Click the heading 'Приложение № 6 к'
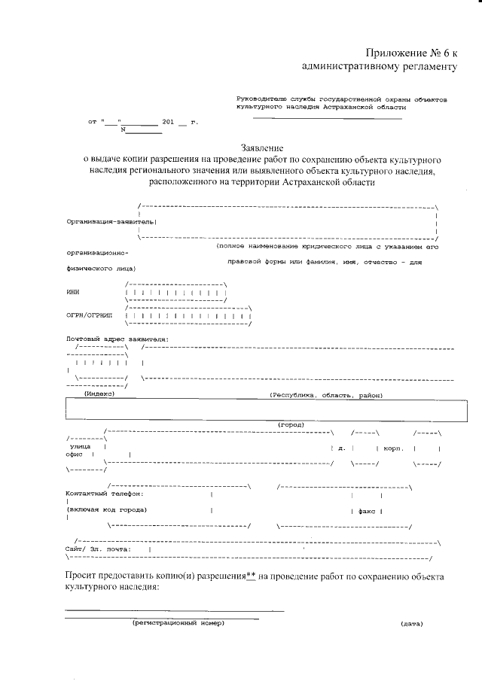(x=411, y=53)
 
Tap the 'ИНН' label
(x=72, y=292)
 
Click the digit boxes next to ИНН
(x=175, y=292)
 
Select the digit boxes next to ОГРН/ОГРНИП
(x=188, y=317)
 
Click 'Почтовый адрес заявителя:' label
(x=117, y=339)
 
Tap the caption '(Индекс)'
(x=99, y=394)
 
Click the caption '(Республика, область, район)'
(x=326, y=394)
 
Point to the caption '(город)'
(x=291, y=424)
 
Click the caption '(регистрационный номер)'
(x=178, y=623)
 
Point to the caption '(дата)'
(x=411, y=623)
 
